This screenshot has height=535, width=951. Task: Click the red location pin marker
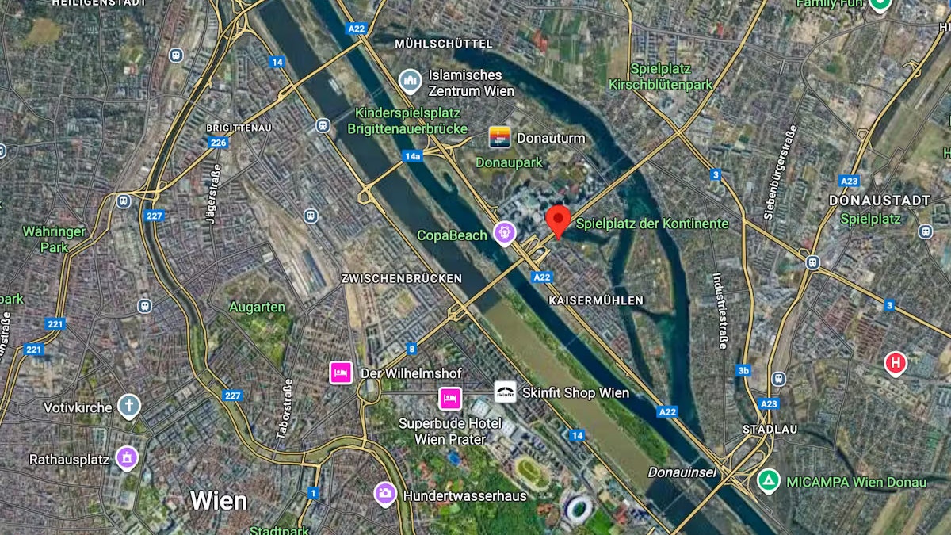tap(559, 220)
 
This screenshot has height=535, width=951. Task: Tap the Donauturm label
tap(551, 138)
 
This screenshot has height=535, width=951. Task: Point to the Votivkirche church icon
tap(128, 407)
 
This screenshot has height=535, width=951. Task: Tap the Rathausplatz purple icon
tap(127, 457)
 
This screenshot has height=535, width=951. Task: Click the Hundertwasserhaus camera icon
tap(386, 495)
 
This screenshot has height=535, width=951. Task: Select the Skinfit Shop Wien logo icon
tap(505, 392)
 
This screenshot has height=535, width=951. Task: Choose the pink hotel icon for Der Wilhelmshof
tap(341, 372)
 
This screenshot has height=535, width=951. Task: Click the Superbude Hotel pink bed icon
tap(450, 398)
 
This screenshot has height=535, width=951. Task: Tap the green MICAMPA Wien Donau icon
tap(767, 480)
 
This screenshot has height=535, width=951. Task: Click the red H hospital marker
tap(896, 364)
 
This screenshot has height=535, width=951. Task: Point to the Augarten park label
tap(257, 307)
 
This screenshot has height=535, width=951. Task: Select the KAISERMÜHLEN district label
tap(596, 300)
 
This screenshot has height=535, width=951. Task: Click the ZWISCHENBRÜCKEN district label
tap(401, 278)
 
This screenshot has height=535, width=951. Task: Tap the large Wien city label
tap(218, 501)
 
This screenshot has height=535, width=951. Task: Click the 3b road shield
tap(743, 370)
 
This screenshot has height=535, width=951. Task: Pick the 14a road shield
tap(412, 156)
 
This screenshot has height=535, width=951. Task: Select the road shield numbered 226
tap(218, 143)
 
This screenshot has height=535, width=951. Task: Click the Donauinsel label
tap(682, 472)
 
